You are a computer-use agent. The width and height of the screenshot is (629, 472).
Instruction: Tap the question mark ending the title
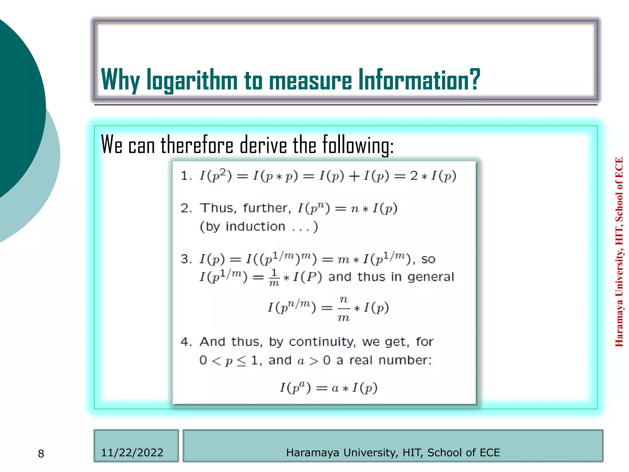pyautogui.click(x=474, y=79)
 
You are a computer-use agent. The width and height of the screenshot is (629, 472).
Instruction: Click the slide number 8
pyautogui.click(x=41, y=454)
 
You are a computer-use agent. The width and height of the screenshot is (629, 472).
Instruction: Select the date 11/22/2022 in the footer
pyautogui.click(x=132, y=453)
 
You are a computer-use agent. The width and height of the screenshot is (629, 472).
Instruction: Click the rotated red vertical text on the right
pyautogui.click(x=619, y=252)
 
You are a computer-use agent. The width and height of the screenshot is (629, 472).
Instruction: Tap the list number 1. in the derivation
pyautogui.click(x=186, y=176)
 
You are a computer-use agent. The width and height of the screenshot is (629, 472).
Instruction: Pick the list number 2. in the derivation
pyautogui.click(x=186, y=208)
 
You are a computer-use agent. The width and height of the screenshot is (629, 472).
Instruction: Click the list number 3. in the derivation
pyautogui.click(x=186, y=259)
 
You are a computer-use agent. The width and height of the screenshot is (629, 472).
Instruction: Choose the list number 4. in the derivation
pyautogui.click(x=186, y=342)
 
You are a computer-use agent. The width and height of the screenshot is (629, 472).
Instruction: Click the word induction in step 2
pyautogui.click(x=255, y=227)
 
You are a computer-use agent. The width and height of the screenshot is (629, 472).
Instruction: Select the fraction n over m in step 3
pyautogui.click(x=344, y=308)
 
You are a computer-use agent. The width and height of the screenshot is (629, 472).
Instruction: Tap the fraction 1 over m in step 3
pyautogui.click(x=274, y=277)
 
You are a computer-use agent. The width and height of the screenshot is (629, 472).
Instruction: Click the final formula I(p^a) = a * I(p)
pyautogui.click(x=328, y=388)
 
